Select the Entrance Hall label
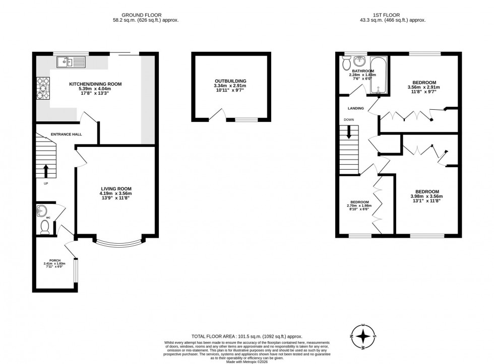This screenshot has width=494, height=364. pos(66,134)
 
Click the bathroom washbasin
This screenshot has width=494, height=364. pos(360,62)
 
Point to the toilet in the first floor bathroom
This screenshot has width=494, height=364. pos(346,62)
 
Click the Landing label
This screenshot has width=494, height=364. pos(355,108)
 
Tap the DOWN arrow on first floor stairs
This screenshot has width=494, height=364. pos(348,133)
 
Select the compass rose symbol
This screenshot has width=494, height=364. pos(363,336)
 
